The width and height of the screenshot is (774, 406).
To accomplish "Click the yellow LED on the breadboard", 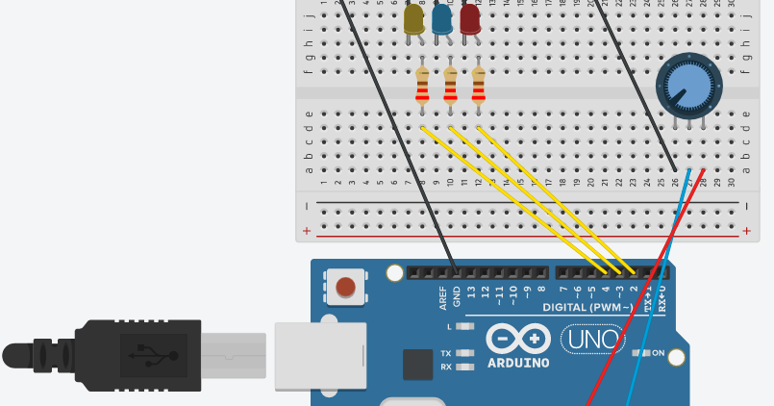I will (x=413, y=18).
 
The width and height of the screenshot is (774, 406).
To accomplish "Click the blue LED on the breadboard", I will (x=442, y=18).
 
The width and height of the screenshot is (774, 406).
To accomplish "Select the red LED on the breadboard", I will (x=470, y=18).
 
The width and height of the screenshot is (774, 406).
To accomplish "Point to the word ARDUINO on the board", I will (x=518, y=364).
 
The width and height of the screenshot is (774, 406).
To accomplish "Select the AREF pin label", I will (x=443, y=295).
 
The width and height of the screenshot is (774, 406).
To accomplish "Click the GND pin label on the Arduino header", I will (x=457, y=295).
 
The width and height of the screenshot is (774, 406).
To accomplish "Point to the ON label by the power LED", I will (x=659, y=353).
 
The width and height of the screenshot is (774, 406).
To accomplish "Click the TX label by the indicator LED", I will (x=446, y=353).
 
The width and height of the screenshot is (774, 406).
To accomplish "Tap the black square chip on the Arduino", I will (x=417, y=364).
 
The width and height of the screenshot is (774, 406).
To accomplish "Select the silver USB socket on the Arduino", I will (x=320, y=356).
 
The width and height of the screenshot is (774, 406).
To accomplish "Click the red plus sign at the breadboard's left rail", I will (x=307, y=231).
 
